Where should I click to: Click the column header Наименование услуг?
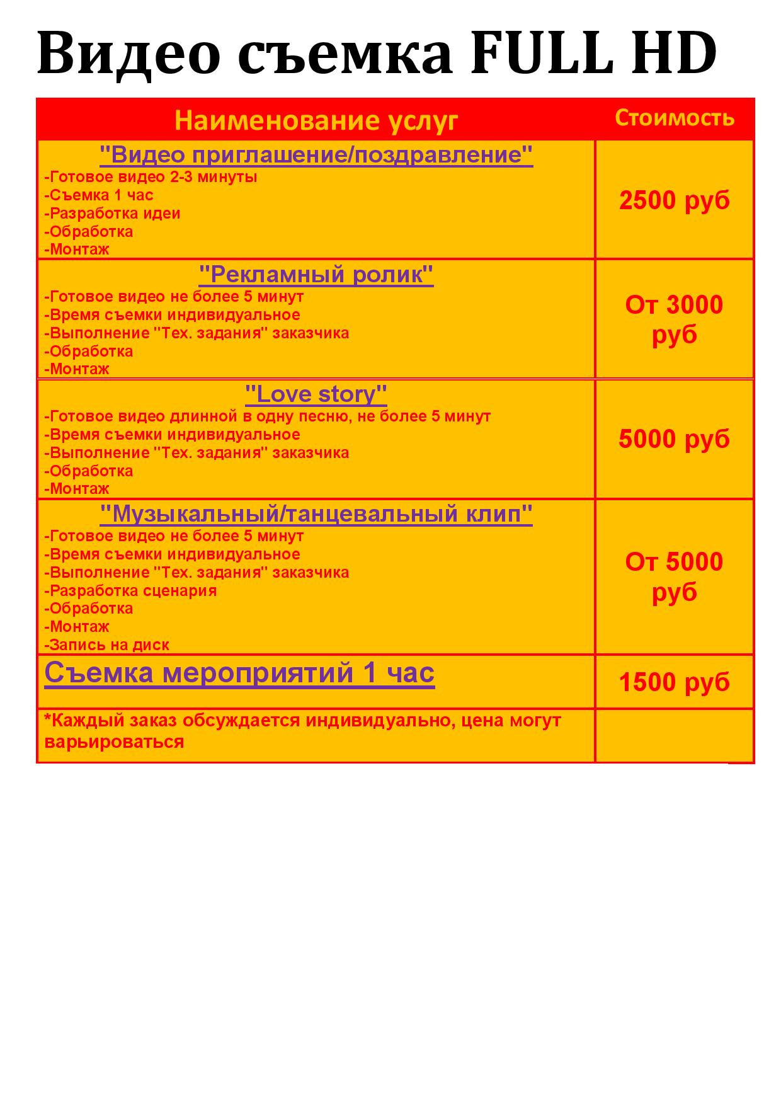316,120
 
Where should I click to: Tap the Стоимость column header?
674,118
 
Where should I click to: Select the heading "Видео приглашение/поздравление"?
316,154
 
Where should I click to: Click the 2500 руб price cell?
674,200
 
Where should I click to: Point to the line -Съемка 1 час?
99,195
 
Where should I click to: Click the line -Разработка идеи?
113,214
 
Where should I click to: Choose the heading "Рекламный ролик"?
316,274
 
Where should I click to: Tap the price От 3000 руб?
674,319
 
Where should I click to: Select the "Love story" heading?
316,394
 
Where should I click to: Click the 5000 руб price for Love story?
674,439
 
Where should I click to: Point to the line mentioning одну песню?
268,416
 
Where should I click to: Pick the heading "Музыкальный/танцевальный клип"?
316,514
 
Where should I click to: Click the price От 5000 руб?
674,576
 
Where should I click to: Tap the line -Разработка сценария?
131,591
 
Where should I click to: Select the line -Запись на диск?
107,645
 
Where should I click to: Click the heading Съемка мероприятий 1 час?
239,673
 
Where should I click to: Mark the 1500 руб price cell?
674,682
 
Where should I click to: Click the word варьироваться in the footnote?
115,741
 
